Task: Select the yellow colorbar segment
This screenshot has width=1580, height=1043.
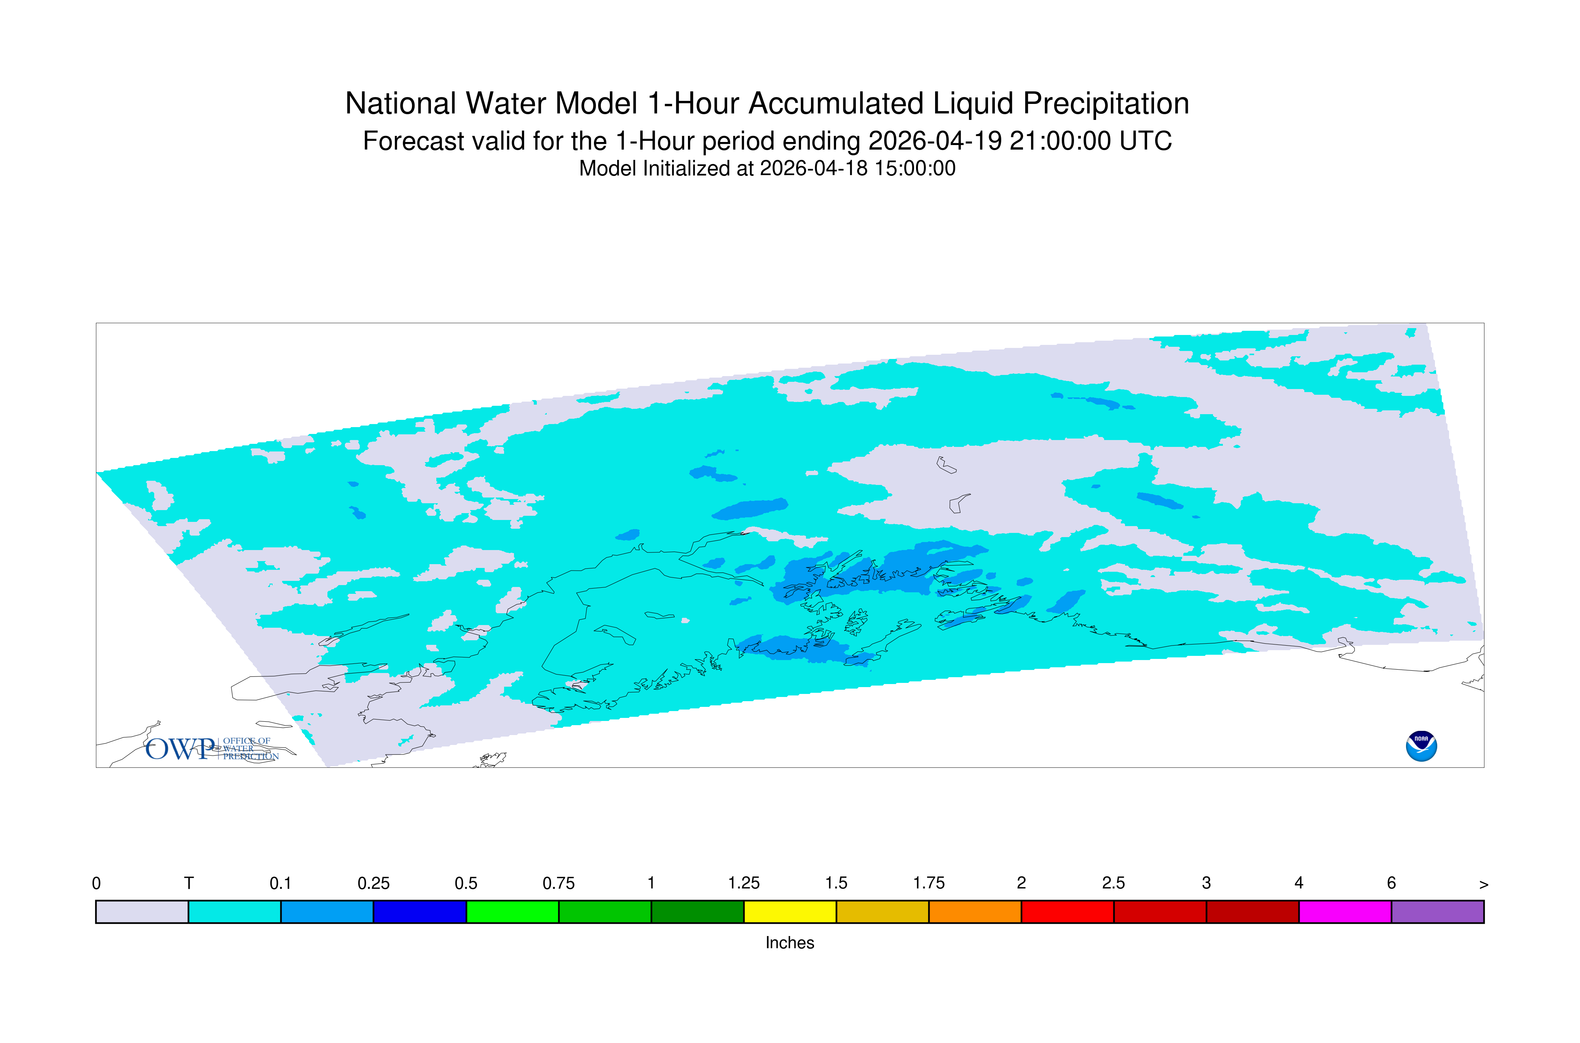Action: pyautogui.click(x=790, y=912)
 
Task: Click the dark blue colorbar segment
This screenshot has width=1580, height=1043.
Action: pyautogui.click(x=420, y=912)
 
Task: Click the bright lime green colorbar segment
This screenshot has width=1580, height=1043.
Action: pyautogui.click(x=512, y=912)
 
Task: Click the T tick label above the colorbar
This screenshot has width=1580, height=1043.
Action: pyautogui.click(x=189, y=884)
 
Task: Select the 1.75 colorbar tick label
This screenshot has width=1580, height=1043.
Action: pyautogui.click(x=929, y=884)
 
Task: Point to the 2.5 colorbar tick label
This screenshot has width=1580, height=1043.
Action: pyautogui.click(x=1114, y=884)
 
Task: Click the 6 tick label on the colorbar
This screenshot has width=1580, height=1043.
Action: pyautogui.click(x=1391, y=884)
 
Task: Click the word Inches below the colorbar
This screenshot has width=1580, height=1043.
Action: pyautogui.click(x=790, y=943)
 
